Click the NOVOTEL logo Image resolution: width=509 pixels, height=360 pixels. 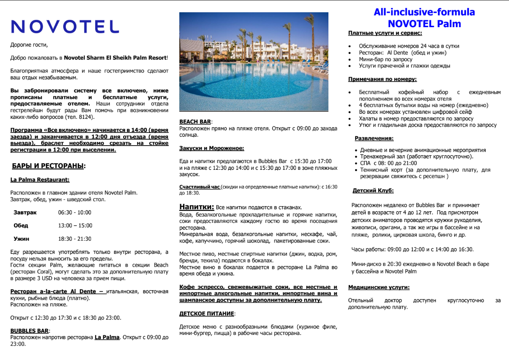coord(65,26)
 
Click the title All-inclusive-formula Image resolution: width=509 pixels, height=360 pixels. coord(424,12)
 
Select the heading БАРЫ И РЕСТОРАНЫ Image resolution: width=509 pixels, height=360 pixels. coord(48,166)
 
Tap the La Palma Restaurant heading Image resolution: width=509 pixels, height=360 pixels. coord(40,180)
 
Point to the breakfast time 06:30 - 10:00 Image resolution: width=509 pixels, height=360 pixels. coord(75,212)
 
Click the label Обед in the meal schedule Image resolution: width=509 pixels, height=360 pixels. coord(21,225)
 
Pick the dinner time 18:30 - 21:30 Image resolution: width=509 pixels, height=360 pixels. coord(75,239)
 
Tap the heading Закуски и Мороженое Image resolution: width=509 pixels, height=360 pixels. coord(212,148)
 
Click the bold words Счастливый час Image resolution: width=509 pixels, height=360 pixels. coord(199,187)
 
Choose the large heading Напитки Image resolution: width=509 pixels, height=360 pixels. coord(196,207)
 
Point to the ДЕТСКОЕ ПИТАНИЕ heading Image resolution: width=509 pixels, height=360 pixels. coord(206,313)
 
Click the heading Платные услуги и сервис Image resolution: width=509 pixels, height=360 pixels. coord(385,33)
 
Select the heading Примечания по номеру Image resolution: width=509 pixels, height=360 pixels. coord(382,79)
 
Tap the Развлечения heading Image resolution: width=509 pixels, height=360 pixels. coord(374,138)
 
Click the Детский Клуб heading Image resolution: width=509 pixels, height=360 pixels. coord(373,191)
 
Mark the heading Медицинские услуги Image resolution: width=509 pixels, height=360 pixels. coord(379,287)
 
